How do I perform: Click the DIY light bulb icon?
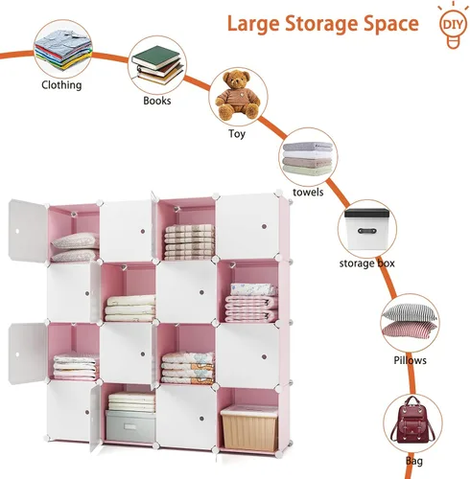453,26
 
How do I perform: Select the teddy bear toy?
238,96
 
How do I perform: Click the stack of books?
158,65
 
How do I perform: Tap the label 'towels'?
308,192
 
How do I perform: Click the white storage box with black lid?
367,229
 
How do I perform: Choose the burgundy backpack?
412,420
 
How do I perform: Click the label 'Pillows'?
410,360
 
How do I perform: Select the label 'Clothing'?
61,85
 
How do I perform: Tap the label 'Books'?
156,101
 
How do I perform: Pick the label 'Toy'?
237,133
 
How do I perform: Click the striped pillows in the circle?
410,320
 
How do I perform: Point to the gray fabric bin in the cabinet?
130,425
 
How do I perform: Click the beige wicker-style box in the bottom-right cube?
248,428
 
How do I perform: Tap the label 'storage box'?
366,263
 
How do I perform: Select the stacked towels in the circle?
308,158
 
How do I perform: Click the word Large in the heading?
252,24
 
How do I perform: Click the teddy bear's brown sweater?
238,98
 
